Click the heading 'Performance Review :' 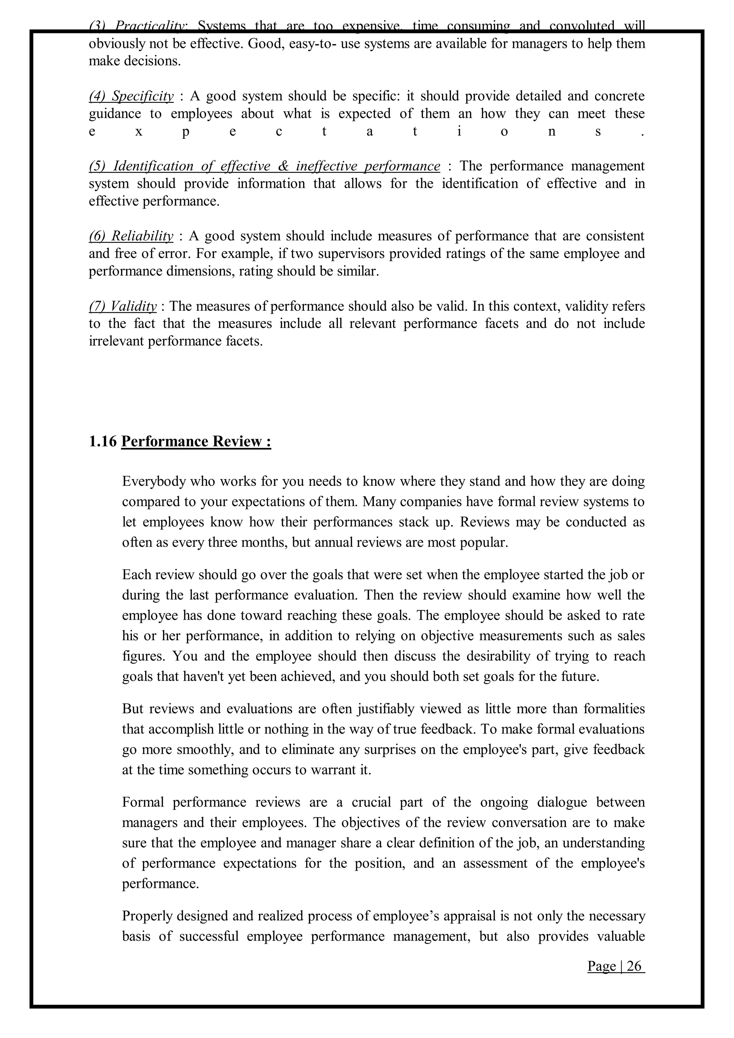(196, 441)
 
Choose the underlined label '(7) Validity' (123, 306)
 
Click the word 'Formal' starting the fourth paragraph (143, 802)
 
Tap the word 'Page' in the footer (601, 966)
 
